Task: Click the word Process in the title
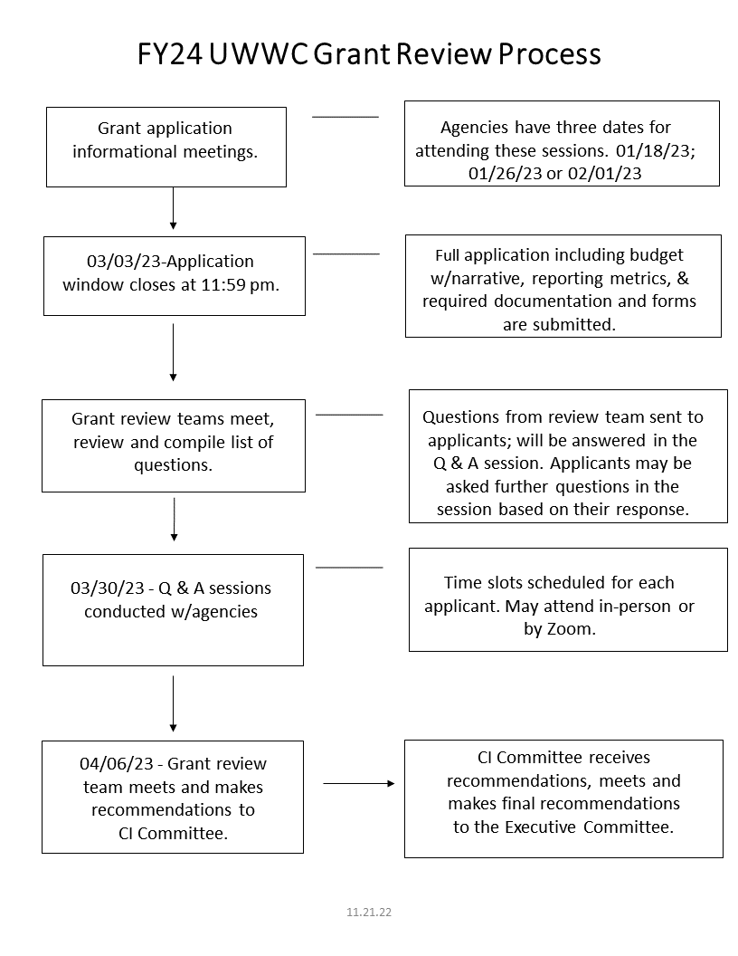tap(549, 53)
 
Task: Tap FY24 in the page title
tap(170, 53)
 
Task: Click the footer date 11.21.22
tap(369, 913)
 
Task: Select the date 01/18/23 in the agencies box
tap(655, 150)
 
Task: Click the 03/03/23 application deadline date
tap(124, 261)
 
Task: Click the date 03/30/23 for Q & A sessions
tap(107, 588)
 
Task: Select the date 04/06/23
tap(117, 763)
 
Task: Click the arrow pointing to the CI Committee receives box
tap(359, 783)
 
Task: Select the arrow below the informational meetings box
tap(173, 208)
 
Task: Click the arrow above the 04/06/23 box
tap(173, 703)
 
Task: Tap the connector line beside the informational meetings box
tap(345, 117)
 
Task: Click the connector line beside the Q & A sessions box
tap(349, 567)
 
